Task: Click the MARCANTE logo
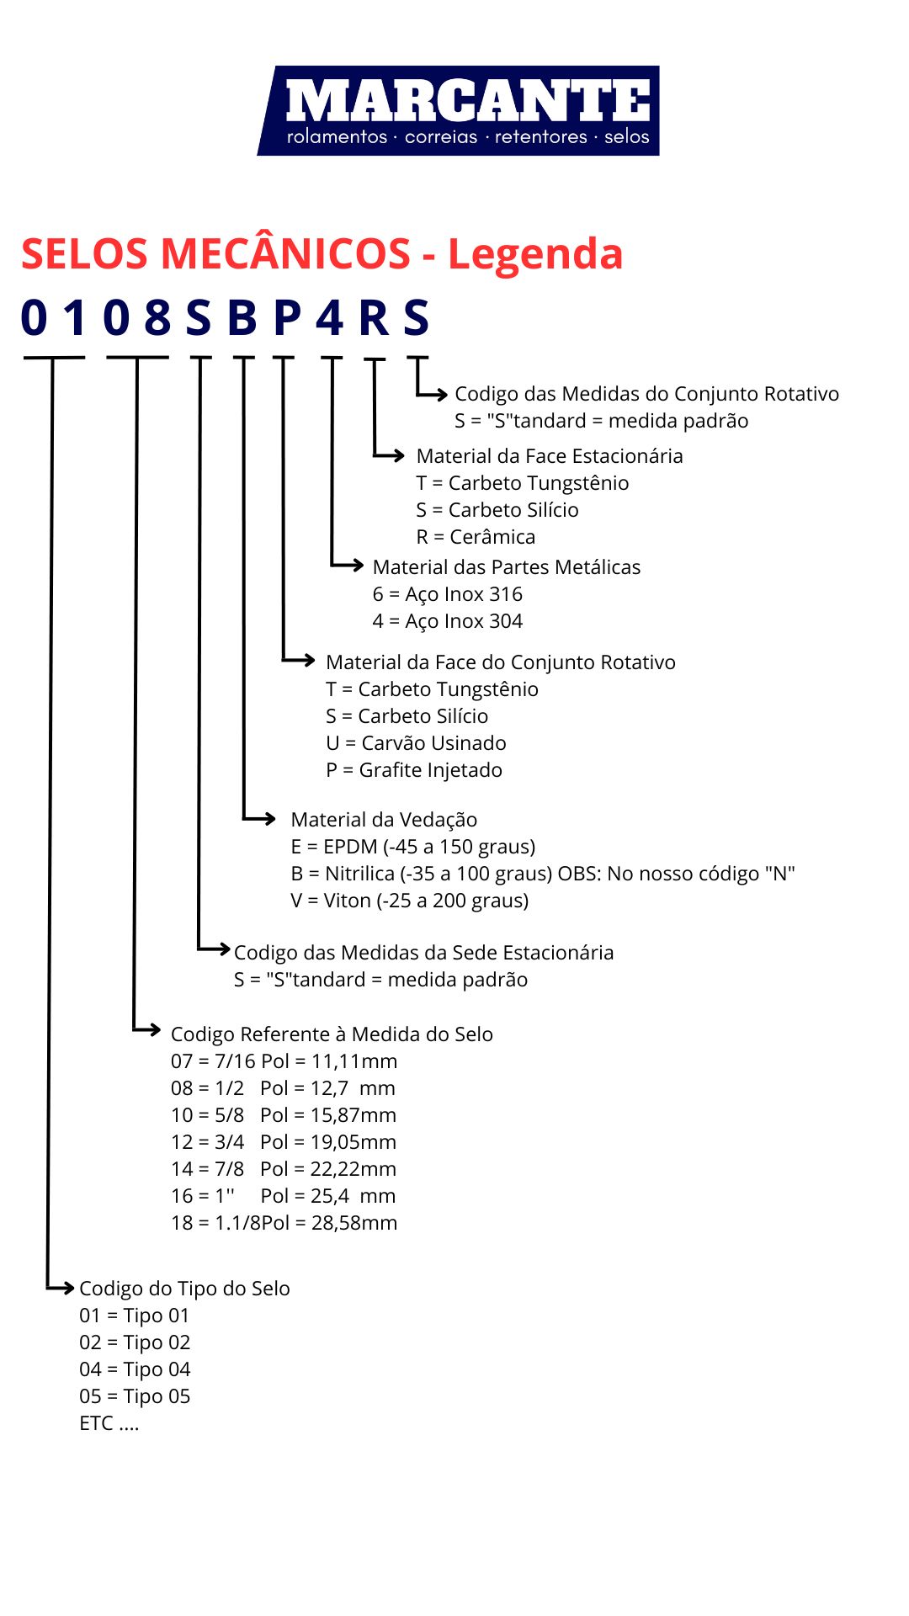[x=459, y=110]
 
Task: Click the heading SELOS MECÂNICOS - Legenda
[x=322, y=253]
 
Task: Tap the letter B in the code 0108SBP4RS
[x=242, y=318]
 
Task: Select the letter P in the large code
[x=287, y=318]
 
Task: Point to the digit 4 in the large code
[x=330, y=318]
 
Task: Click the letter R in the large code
[x=375, y=318]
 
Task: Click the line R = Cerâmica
[x=476, y=537]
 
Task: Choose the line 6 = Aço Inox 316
[x=448, y=594]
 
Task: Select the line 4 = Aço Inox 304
[x=448, y=621]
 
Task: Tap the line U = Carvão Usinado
[x=416, y=743]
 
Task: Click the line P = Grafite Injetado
[x=414, y=770]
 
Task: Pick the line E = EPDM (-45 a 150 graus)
[x=413, y=847]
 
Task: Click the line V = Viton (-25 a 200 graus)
[x=410, y=901]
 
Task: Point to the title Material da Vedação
[x=384, y=820]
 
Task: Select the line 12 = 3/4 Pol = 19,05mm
[x=284, y=1142]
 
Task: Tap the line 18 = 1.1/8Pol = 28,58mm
[x=284, y=1223]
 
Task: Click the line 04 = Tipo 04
[x=135, y=1369]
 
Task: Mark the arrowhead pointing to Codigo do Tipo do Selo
[x=67, y=1287]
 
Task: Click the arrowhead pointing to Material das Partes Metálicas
[x=356, y=565]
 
